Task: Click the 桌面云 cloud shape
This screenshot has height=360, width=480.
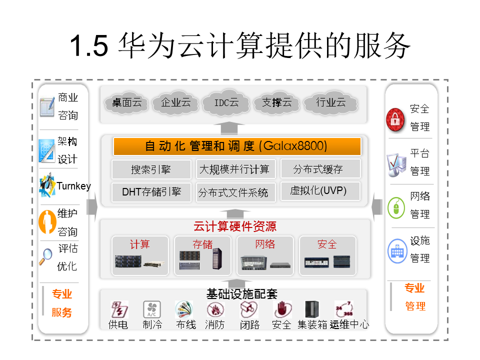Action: coord(127,103)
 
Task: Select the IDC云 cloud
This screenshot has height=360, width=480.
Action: coord(226,103)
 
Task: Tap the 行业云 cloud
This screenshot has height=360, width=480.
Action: coord(331,103)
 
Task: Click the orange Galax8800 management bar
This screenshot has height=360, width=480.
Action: coord(237,146)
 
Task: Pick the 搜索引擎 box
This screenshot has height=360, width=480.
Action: coord(151,169)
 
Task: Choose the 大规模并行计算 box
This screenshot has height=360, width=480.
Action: coord(235,169)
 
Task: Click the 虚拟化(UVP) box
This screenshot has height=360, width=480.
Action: coord(319,191)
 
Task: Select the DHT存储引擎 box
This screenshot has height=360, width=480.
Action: coord(151,191)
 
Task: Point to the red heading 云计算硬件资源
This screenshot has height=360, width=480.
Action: coord(234,227)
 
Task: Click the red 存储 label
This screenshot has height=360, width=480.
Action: coord(202,244)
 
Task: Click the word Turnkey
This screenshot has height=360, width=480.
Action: coord(73,186)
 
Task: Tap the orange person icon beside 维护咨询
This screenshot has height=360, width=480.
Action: coord(46,221)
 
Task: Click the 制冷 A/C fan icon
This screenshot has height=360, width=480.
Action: coord(152,309)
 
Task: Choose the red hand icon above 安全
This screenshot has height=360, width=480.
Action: coord(281,309)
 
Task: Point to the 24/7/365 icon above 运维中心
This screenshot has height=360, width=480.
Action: coord(344,309)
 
